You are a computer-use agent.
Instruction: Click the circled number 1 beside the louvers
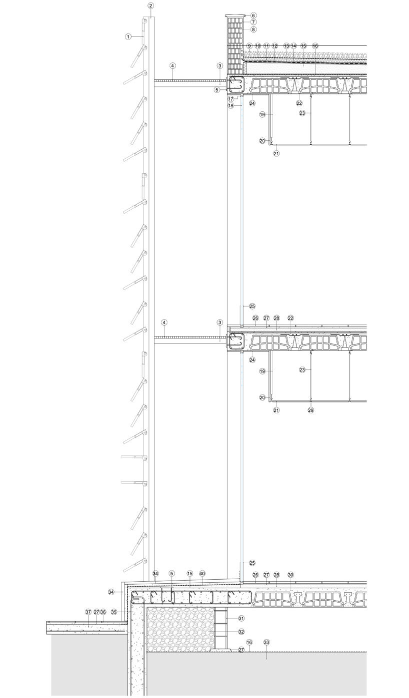pyautogui.click(x=128, y=37)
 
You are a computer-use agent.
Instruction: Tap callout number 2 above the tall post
pyautogui.click(x=151, y=5)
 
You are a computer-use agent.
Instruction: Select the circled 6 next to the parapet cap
pyautogui.click(x=253, y=15)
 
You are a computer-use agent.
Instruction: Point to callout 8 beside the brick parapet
pyautogui.click(x=253, y=29)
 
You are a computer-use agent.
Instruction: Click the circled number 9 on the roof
pyautogui.click(x=249, y=46)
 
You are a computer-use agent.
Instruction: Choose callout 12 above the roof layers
pyautogui.click(x=274, y=46)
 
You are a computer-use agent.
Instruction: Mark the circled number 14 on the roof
pyautogui.click(x=293, y=46)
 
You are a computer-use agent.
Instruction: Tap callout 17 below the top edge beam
pyautogui.click(x=231, y=99)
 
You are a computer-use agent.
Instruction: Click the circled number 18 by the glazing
pyautogui.click(x=231, y=106)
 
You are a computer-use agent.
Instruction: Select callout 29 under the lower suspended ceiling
pyautogui.click(x=310, y=410)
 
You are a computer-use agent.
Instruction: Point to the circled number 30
pyautogui.click(x=291, y=575)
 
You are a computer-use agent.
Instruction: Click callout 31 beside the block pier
pyautogui.click(x=241, y=618)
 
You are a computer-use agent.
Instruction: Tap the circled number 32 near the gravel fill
pyautogui.click(x=241, y=632)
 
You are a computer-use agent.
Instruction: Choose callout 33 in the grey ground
pyautogui.click(x=266, y=642)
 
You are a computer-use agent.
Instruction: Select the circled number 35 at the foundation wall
pyautogui.click(x=114, y=612)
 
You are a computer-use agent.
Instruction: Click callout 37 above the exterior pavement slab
pyautogui.click(x=88, y=612)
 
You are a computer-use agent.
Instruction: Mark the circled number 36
pyautogui.click(x=103, y=612)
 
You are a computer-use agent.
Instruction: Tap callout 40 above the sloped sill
pyautogui.click(x=202, y=573)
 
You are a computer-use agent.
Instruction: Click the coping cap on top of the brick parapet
pyautogui.click(x=235, y=15)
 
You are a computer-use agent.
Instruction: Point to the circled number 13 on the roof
pyautogui.click(x=286, y=46)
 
